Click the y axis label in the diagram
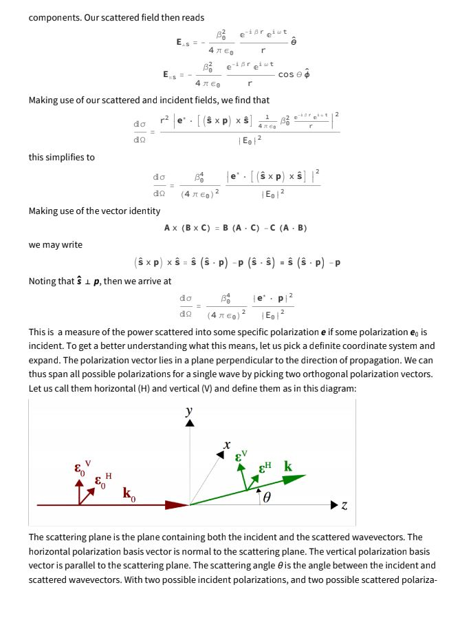coord(189,412)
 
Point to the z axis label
coord(344,507)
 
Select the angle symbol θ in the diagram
coord(267,497)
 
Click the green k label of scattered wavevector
coord(288,467)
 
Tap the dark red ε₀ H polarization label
coord(102,480)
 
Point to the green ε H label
coord(265,469)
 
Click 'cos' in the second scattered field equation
coord(286,74)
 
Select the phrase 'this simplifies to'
coord(61,157)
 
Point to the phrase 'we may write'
coord(55,244)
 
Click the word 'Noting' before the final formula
coord(43,281)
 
